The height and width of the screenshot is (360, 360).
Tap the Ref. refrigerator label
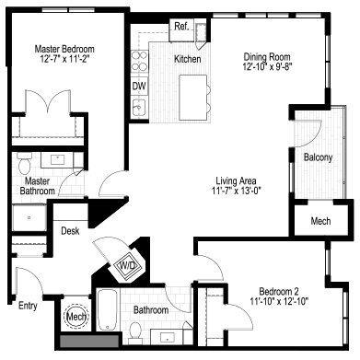(x=180, y=27)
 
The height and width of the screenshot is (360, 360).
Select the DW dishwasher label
(x=139, y=87)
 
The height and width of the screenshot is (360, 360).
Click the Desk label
(x=71, y=230)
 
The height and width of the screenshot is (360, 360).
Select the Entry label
(x=29, y=304)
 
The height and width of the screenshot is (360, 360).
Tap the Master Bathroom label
(x=36, y=185)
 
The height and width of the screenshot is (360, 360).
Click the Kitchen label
(x=189, y=60)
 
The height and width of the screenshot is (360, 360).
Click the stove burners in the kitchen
(x=141, y=62)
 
